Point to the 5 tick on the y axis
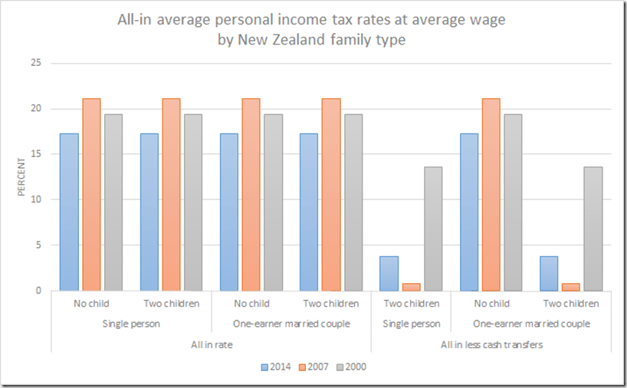tap(37, 245)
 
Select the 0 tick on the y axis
tap(37, 291)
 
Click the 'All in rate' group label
tap(212, 344)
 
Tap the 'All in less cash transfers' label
tap(491, 344)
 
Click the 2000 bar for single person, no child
tap(113, 202)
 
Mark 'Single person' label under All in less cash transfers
tap(412, 324)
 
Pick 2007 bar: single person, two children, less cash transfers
tap(412, 287)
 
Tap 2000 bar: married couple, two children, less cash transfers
tap(593, 229)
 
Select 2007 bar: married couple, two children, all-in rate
tap(331, 195)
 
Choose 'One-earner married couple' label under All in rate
tap(291, 324)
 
